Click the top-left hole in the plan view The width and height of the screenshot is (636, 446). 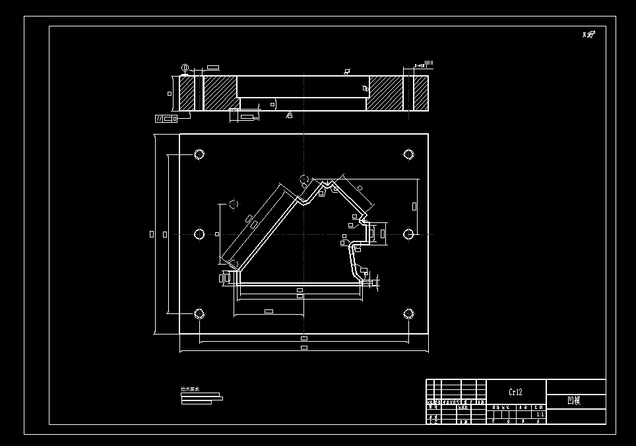tap(199, 154)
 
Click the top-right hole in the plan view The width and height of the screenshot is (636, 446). tap(408, 154)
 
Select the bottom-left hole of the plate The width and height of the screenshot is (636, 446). tap(199, 313)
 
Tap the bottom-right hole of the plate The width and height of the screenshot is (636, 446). tap(408, 313)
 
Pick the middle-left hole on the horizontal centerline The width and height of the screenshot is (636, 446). tap(199, 234)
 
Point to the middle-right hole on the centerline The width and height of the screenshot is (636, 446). tap(408, 234)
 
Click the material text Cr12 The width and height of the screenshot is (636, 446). tap(515, 392)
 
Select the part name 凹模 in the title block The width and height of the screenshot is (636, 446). tap(574, 400)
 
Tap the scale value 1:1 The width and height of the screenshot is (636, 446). tap(540, 414)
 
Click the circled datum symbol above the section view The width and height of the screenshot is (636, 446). tap(185, 67)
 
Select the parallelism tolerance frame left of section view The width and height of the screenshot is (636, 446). tap(166, 119)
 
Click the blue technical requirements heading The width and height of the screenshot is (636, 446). tap(190, 389)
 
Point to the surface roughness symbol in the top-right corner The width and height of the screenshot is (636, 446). tap(588, 34)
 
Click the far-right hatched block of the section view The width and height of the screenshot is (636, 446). tap(420, 93)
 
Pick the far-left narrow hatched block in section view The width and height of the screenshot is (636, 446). tap(187, 93)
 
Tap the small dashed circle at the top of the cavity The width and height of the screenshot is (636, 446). tap(304, 179)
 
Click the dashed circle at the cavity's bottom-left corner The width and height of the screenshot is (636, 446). tap(233, 264)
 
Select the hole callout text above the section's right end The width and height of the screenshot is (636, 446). tap(423, 65)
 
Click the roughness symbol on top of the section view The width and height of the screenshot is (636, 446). tap(347, 71)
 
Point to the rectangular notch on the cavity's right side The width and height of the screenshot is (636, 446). tap(371, 233)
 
